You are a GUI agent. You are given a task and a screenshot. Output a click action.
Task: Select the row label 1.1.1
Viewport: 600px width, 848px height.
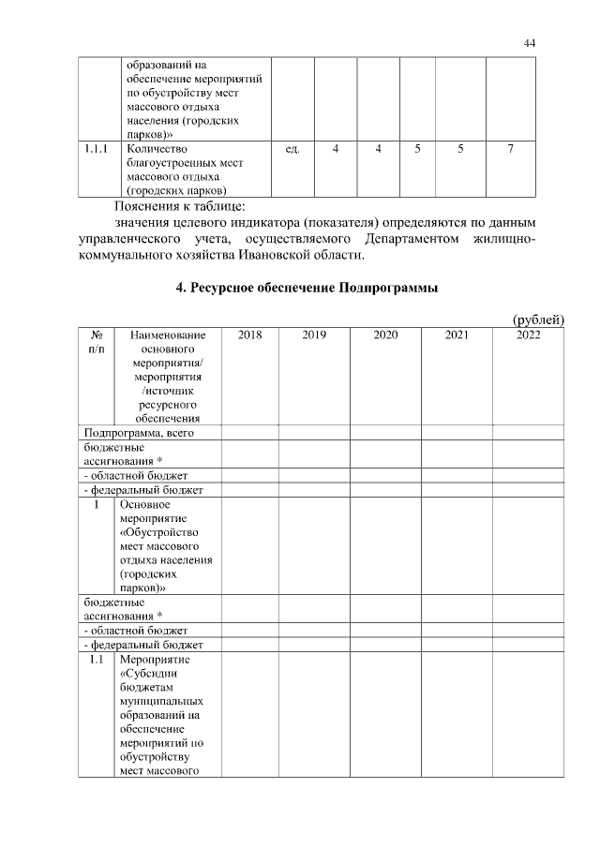[94, 149]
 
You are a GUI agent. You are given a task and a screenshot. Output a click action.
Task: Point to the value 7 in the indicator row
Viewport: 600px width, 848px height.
[509, 149]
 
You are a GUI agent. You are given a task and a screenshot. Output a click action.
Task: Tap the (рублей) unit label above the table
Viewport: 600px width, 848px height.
[538, 320]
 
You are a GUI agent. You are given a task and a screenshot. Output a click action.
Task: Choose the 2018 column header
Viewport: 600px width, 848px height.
[249, 334]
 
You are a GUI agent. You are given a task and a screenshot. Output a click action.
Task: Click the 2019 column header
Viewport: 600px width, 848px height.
[313, 334]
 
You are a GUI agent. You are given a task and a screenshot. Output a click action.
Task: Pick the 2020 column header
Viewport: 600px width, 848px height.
[385, 334]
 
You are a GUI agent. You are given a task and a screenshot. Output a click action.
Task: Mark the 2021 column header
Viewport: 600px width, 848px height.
[457, 334]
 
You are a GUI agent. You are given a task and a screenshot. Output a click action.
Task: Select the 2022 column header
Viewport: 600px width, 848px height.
[528, 334]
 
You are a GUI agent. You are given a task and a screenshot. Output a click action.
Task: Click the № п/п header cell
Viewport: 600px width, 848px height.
[96, 341]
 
